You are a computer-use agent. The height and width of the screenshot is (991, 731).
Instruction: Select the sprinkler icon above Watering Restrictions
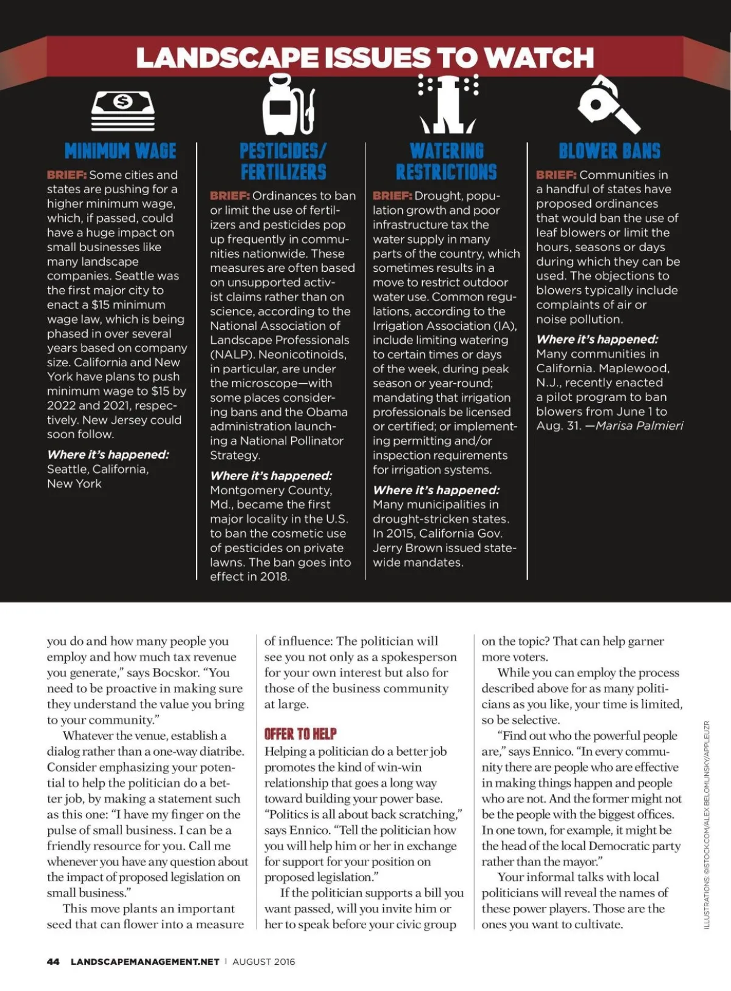click(x=448, y=104)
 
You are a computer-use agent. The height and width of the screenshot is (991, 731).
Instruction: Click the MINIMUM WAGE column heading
click(x=120, y=151)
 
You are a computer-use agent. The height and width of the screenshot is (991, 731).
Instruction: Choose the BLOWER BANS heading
click(x=609, y=151)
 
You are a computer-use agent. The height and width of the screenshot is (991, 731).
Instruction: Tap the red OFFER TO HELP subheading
click(x=300, y=734)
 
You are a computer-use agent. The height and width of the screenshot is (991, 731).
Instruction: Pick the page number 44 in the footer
click(x=53, y=961)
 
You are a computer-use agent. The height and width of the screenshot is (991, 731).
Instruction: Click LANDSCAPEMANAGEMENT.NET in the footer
click(x=145, y=961)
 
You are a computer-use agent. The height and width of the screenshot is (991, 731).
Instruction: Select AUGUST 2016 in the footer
click(x=264, y=961)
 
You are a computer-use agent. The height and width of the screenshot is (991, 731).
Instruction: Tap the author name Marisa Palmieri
click(x=639, y=425)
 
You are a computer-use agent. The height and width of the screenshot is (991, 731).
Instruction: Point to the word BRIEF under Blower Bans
click(x=556, y=175)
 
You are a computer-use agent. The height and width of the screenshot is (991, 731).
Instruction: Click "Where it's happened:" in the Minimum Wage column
click(x=108, y=455)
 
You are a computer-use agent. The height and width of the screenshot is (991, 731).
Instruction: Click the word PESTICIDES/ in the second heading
click(x=283, y=151)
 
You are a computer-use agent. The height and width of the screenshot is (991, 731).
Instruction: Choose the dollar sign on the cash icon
click(x=123, y=101)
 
